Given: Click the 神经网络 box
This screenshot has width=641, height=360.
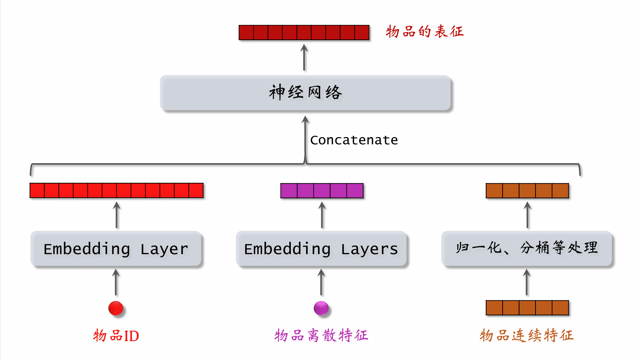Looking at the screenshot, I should coord(305,93).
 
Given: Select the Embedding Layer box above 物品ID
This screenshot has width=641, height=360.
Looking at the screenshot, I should coord(116,249).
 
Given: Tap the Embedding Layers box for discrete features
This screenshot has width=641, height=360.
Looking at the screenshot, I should coord(321,249).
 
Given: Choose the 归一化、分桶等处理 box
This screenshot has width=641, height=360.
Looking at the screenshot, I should coord(527,248).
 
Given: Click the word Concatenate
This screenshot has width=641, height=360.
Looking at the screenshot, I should coord(354,140).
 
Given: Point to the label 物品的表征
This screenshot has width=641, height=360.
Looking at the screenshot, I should coord(424,31).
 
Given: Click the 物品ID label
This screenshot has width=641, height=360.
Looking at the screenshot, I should coord(116,336).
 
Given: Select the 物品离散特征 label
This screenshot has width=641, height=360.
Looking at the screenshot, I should coord(321,335).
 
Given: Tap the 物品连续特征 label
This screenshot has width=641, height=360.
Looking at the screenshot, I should coord(526,335).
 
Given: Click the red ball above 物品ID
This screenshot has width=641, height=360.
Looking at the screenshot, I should coord(116,308).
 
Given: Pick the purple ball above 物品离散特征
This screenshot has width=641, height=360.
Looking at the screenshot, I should coord(321,308).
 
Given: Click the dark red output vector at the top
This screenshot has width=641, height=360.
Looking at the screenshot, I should coord(304,32).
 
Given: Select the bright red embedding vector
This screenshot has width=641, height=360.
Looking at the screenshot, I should coord(116,190).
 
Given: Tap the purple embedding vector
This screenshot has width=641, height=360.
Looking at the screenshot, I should coord(322,191).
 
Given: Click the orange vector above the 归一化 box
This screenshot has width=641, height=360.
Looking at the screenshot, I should coord(527,191).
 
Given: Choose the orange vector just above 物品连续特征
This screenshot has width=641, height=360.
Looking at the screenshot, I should coord(527,308).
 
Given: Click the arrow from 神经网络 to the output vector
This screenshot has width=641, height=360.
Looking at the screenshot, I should coord(304,58).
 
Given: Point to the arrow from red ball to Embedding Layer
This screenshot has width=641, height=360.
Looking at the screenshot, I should coord(116,282).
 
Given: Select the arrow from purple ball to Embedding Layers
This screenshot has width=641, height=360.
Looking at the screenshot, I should coord(321,282).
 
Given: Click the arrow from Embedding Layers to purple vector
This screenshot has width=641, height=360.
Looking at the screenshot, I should coord(322,215).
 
